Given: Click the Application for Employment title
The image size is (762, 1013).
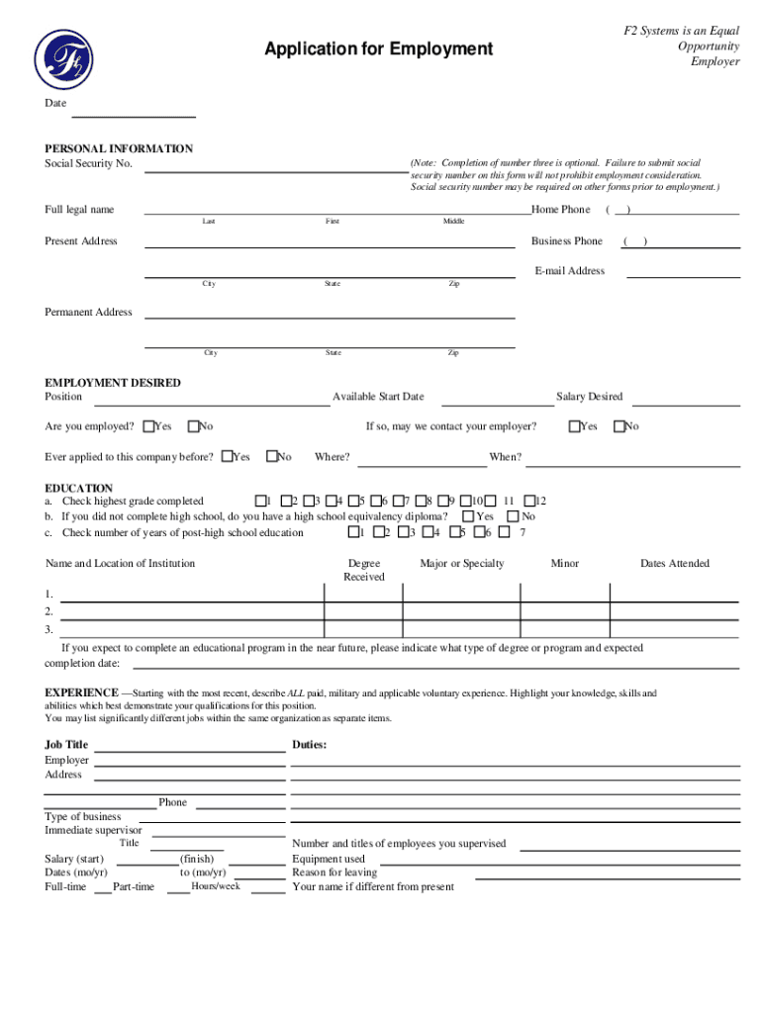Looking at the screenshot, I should point(377,48).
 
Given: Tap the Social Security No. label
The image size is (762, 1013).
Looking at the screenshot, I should point(88,163).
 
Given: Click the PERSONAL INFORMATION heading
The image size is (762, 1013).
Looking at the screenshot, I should point(119,148).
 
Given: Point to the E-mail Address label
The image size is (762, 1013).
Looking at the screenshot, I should point(569,271).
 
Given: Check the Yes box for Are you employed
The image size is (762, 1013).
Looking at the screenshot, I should point(148,426).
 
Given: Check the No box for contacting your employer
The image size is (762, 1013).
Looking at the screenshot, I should point(619,426).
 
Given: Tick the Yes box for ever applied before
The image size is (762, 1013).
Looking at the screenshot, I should point(227,457).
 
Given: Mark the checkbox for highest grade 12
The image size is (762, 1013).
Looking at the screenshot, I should point(529,502).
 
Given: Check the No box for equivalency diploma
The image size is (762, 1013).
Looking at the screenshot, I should point(513,516).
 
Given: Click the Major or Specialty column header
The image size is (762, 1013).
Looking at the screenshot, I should point(461,564).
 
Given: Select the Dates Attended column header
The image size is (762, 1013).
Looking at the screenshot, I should point(674,564).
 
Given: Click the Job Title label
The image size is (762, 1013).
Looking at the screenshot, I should point(66,745).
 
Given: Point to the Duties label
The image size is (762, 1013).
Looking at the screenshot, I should point(310,745).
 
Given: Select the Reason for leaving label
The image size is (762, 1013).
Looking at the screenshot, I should point(334,873).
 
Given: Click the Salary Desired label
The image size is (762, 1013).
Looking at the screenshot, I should point(589,397).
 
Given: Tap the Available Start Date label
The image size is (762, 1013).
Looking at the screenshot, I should point(378,397).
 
